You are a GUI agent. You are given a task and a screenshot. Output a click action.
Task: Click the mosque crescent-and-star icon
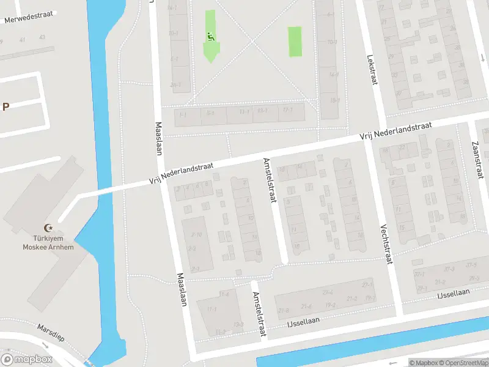click(x=42, y=228)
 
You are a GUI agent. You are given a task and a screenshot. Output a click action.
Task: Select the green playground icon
click(x=211, y=36)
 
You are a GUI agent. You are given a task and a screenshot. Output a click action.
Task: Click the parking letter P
click(x=6, y=106)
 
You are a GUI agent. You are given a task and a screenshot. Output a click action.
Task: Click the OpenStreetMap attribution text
click(x=464, y=362)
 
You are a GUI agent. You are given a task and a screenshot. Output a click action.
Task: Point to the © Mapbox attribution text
click(x=424, y=362)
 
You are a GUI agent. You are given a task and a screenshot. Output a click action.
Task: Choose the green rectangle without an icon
click(x=295, y=41)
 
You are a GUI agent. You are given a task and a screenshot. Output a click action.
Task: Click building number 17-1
click(x=285, y=111)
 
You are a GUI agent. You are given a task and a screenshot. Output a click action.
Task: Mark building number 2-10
click(x=196, y=234)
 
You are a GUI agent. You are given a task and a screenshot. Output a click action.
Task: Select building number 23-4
click(x=328, y=292)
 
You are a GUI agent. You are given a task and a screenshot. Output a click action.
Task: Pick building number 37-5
click(x=471, y=265)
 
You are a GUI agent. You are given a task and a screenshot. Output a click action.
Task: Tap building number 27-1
click(x=367, y=285)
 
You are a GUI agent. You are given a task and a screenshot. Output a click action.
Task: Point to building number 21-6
click(x=306, y=306)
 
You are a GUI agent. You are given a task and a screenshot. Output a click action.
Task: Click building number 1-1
click(x=182, y=114)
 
